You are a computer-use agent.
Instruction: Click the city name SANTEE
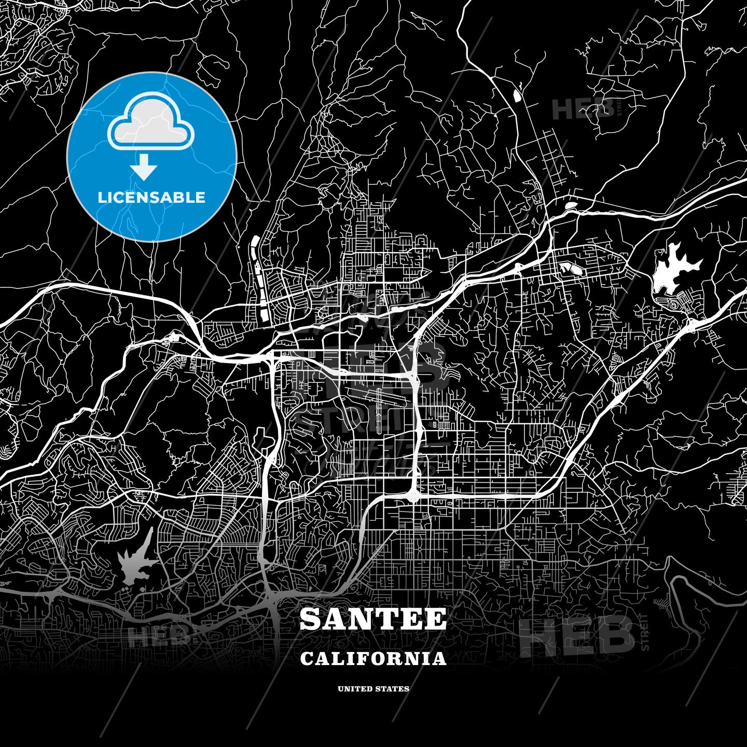373,619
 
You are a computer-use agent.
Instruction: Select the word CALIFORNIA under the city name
373,659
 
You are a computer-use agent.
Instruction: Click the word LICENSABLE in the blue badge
151,197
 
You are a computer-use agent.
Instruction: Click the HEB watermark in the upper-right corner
584,109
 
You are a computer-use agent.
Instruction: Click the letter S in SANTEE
311,619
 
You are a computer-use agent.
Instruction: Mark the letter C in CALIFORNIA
307,659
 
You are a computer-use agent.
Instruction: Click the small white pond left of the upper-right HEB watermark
517,95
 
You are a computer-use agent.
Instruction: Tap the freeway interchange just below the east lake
690,325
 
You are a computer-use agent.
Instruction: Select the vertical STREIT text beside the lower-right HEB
645,632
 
